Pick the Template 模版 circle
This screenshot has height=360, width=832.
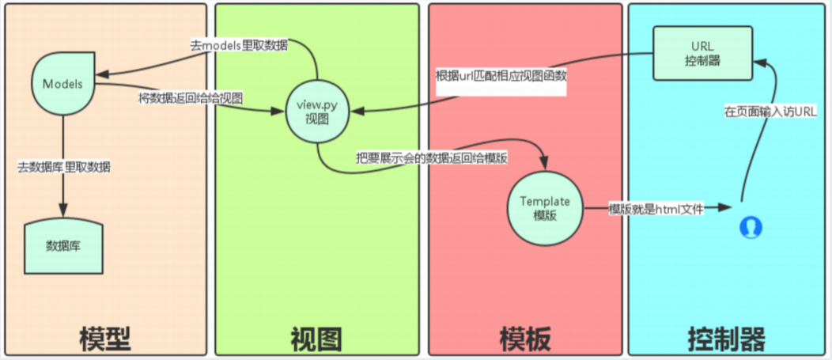coord(545,208)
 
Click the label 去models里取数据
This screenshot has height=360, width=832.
coord(238,45)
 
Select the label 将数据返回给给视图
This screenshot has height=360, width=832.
coord(190,98)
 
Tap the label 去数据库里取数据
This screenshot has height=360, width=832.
coord(64,167)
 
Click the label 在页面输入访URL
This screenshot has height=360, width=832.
coord(770,112)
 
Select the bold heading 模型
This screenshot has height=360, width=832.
coord(104,338)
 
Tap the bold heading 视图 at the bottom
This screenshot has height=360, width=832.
coord(316,338)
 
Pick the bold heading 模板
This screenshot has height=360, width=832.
coord(525,338)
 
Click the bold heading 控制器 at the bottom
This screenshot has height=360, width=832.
coord(727,338)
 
